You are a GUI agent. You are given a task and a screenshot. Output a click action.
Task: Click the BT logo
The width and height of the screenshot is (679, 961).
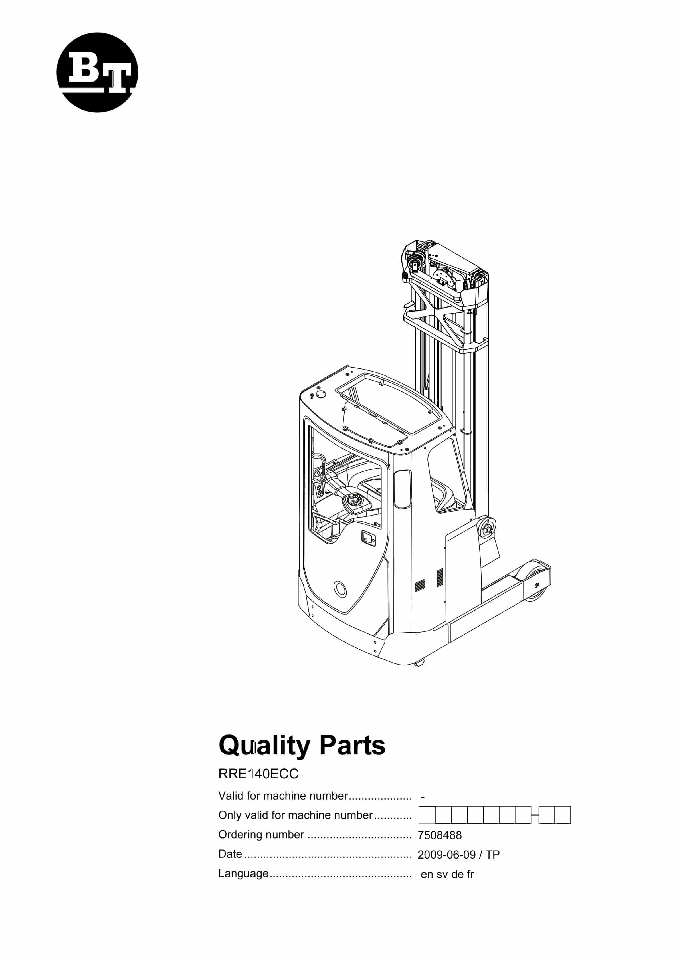97,72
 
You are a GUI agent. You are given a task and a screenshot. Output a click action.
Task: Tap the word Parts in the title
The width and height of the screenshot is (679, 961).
352,746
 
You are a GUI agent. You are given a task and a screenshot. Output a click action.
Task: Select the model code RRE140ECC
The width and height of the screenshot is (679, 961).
258,774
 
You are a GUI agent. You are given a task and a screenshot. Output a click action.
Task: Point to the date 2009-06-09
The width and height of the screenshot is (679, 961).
447,855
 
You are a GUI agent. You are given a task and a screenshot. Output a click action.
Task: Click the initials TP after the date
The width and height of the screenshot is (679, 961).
493,855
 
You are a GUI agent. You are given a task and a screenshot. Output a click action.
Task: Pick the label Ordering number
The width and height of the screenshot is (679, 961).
261,835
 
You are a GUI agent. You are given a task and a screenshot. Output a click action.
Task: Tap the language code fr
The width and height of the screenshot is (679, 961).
470,874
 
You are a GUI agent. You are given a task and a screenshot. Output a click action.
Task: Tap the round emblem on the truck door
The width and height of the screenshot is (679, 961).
340,589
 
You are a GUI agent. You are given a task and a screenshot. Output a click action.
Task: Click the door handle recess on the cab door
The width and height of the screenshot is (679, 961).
368,538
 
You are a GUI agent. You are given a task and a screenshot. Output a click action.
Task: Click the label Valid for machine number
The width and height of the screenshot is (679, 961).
283,796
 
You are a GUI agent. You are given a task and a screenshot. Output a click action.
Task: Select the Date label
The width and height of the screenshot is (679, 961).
230,854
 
